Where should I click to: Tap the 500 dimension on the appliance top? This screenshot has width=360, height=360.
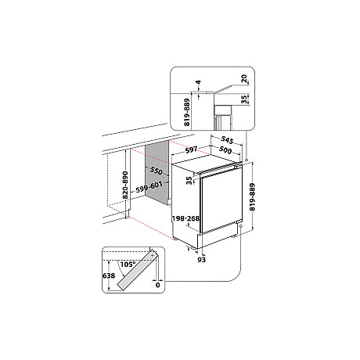224,150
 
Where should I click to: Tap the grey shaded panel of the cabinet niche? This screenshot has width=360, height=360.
156,192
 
